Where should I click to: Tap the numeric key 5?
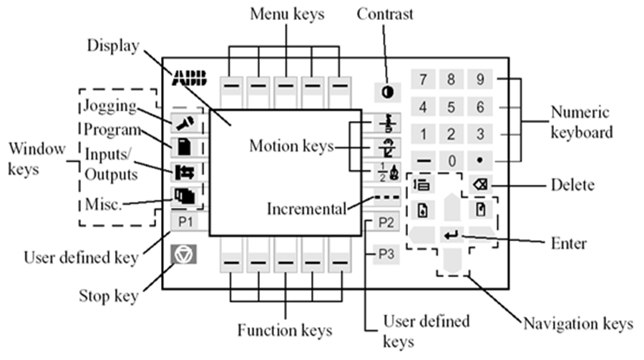coord(452,107)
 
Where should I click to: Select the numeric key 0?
coord(452,161)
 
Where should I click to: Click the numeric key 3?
coord(480,134)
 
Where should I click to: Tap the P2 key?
coord(386,222)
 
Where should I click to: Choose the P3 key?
coord(386,253)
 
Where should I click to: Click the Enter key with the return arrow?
coord(452,234)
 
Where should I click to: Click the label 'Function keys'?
coord(285,331)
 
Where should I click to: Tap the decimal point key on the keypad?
coord(480,161)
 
